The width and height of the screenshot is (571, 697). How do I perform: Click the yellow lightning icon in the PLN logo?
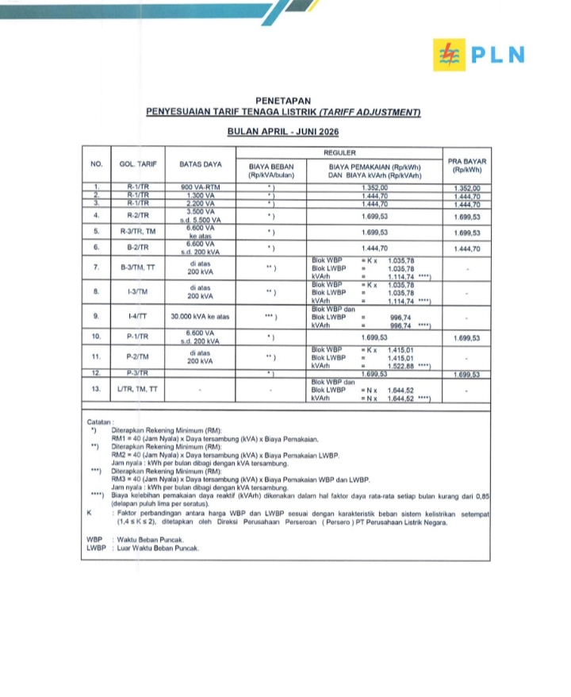click(448, 55)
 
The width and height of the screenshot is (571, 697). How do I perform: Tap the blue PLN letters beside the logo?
click(498, 55)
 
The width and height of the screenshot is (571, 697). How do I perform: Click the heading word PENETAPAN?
click(283, 101)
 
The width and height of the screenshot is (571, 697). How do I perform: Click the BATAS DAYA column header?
click(200, 164)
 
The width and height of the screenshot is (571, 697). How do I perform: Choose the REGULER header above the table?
click(339, 151)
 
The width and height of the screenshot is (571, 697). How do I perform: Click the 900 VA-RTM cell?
click(200, 187)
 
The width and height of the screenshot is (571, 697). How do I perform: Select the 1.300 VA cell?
click(200, 195)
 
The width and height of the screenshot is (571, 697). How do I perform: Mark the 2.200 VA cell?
click(200, 204)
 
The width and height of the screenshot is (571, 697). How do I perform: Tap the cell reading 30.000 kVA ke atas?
click(200, 317)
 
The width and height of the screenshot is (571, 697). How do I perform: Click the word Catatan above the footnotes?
click(101, 421)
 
